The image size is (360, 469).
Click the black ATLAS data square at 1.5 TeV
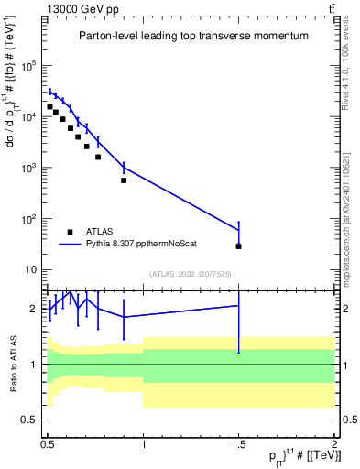pyautogui.click(x=238, y=246)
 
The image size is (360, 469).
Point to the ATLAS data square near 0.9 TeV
pyautogui.click(x=124, y=180)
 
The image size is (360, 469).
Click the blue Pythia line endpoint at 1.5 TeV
pyautogui.click(x=238, y=230)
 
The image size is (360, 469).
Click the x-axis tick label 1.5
pyautogui.click(x=238, y=442)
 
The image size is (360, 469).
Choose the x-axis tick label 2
pyautogui.click(x=333, y=442)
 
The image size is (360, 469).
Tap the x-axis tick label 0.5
pyautogui.click(x=48, y=442)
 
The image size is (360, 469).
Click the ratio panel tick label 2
pyautogui.click(x=36, y=309)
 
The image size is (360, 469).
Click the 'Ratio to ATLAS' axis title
pyautogui.click(x=13, y=363)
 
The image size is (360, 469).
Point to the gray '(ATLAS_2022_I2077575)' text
pyautogui.click(x=191, y=274)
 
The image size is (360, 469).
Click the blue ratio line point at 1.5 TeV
pyautogui.click(x=238, y=306)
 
